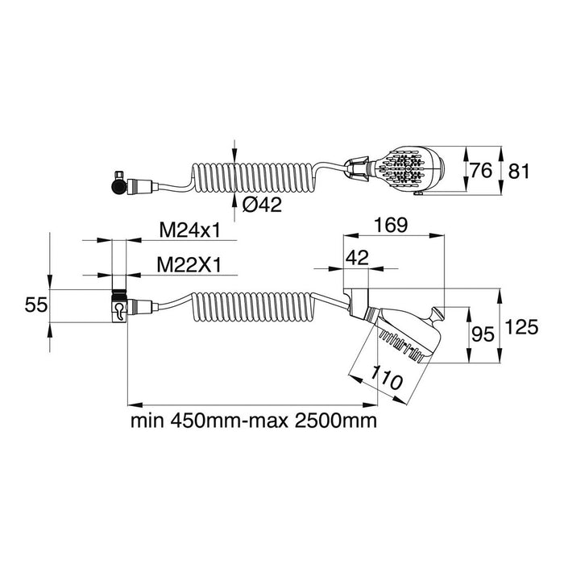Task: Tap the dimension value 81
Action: [518, 172]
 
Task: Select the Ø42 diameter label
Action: [261, 205]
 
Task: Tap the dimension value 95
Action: [483, 333]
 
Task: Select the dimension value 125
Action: [523, 327]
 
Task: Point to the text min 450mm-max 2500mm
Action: [254, 421]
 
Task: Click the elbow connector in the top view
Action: [121, 185]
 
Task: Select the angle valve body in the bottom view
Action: [118, 308]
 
